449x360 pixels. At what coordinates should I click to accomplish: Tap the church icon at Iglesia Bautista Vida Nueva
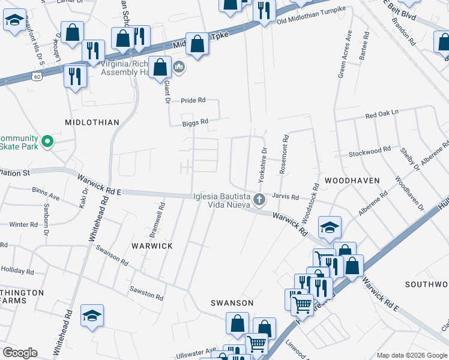click(259, 198)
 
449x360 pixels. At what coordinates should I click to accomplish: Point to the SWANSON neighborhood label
click(231, 303)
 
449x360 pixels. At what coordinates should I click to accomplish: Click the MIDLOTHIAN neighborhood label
click(92, 122)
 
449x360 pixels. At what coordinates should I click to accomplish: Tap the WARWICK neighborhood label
click(152, 246)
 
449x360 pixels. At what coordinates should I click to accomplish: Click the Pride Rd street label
click(193, 100)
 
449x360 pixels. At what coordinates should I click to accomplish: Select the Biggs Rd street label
click(196, 121)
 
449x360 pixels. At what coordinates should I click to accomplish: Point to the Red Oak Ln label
click(382, 113)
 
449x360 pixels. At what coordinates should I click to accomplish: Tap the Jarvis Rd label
click(285, 196)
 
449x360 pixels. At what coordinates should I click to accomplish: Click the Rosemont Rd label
click(285, 155)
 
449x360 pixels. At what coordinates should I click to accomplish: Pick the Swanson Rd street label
click(112, 256)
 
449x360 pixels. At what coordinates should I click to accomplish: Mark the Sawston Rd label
click(146, 293)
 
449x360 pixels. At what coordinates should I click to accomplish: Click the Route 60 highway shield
click(37, 77)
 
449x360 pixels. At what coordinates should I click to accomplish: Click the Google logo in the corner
click(20, 353)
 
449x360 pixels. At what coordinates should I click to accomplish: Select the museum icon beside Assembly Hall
click(178, 67)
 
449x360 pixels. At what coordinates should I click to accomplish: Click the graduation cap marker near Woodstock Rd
click(330, 227)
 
